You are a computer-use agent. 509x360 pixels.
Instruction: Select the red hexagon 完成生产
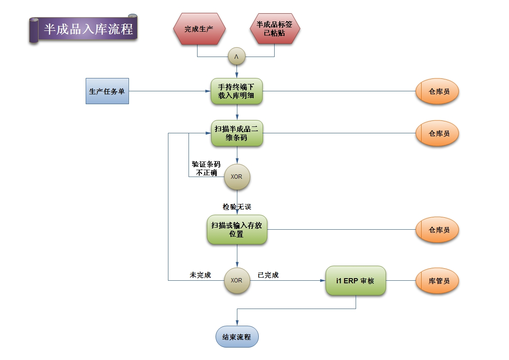point(199,29)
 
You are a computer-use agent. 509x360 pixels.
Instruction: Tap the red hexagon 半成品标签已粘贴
point(275,29)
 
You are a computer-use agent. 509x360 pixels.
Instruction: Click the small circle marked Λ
point(237,57)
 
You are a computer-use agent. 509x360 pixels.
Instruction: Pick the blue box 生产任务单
point(107,91)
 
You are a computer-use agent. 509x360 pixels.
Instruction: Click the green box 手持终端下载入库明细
point(237,91)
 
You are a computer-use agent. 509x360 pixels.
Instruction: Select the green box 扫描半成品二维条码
point(237,133)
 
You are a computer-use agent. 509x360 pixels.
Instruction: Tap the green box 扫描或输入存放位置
point(237,230)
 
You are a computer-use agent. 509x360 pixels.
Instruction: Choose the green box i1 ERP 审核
point(356,281)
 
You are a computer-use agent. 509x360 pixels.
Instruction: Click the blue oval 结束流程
point(237,336)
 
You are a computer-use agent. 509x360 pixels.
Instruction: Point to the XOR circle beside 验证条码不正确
point(237,177)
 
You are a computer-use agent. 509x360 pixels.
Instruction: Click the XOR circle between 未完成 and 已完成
point(237,281)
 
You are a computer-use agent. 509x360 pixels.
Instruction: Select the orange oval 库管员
point(437,281)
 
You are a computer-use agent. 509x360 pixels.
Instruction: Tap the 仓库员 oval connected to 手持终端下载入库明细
point(437,91)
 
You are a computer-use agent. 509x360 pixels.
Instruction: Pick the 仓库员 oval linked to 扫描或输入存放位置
point(437,230)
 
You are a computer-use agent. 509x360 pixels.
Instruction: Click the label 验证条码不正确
point(206,168)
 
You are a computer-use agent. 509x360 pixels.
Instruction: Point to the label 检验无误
point(237,207)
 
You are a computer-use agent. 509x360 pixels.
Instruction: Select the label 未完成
point(200,275)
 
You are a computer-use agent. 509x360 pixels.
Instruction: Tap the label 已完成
point(268,275)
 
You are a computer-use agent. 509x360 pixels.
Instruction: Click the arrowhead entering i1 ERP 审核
point(323,281)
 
